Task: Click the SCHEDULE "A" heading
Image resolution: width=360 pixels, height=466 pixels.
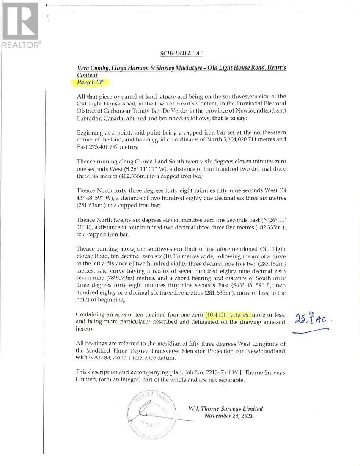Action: coord(181,53)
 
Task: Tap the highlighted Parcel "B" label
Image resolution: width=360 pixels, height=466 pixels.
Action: coord(90,82)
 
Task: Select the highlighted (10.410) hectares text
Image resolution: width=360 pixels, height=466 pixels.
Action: coord(228,315)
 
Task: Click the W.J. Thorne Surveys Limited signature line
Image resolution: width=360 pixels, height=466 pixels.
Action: coord(225,408)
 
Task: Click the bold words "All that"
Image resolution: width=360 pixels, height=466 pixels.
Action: coord(86,97)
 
